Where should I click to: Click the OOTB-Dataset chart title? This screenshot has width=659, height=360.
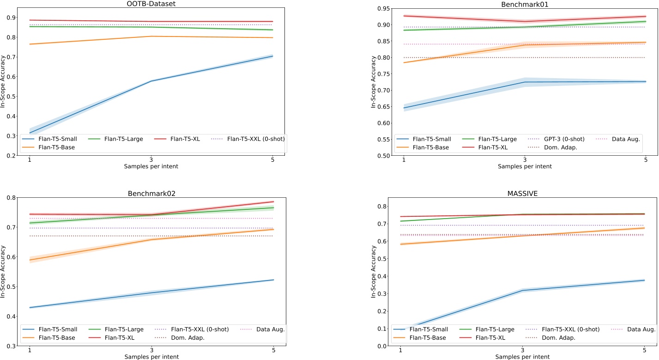pyautogui.click(x=151, y=4)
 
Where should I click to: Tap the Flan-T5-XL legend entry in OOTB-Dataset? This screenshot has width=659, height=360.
pyautogui.click(x=185, y=138)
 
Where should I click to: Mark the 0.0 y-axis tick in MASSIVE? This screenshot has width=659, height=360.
pyautogui.click(x=382, y=346)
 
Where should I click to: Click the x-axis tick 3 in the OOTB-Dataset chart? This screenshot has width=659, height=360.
pyautogui.click(x=151, y=160)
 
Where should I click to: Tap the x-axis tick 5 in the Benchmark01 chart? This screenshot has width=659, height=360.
pyautogui.click(x=646, y=160)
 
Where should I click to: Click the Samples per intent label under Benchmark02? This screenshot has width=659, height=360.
pyautogui.click(x=151, y=356)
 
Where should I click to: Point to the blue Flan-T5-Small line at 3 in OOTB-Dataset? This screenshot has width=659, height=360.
pyautogui.click(x=151, y=81)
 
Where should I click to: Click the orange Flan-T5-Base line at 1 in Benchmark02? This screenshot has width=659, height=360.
pyautogui.click(x=30, y=260)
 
